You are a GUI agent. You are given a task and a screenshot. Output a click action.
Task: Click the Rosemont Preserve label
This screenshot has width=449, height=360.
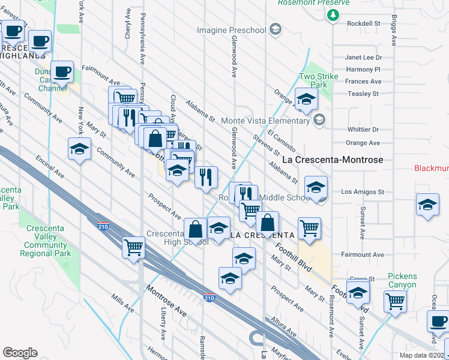[313, 3]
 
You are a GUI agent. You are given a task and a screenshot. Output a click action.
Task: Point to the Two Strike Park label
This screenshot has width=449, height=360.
[316, 81]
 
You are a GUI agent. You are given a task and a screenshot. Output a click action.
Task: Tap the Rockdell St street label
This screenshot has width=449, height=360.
[364, 23]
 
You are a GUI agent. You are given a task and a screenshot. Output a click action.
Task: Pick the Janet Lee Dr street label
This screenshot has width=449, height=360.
[363, 58]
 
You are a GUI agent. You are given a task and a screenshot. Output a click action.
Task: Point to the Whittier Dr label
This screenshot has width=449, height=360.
[363, 129]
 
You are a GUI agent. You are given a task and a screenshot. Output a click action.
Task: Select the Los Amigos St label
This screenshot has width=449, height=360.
[362, 192]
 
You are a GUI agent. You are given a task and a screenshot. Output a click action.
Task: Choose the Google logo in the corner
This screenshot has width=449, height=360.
[20, 353]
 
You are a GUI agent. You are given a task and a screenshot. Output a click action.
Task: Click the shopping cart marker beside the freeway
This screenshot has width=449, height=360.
[133, 246]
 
